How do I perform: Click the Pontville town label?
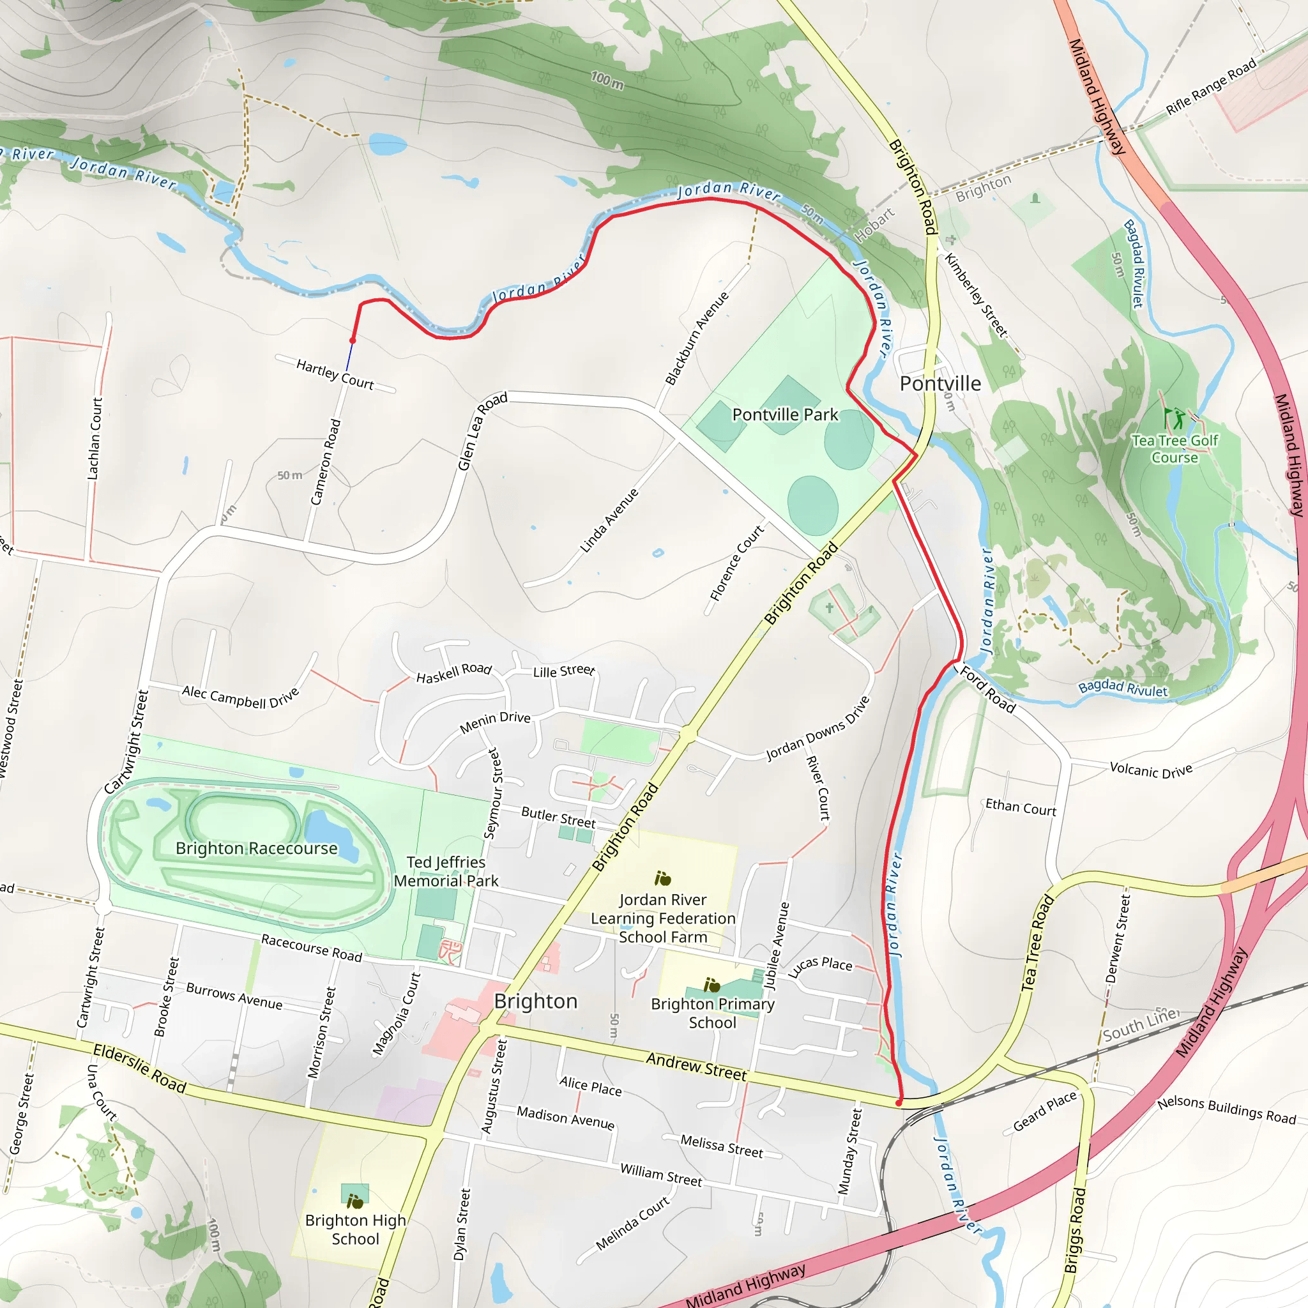[939, 384]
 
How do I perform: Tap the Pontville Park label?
[785, 414]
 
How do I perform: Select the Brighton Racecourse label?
[256, 848]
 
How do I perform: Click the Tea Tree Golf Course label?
[1175, 449]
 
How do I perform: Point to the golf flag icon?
[1173, 417]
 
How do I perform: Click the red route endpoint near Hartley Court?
[353, 340]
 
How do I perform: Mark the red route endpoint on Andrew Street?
[899, 1103]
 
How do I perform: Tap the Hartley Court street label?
[335, 374]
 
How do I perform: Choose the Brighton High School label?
[356, 1229]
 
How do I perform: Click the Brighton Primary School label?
[712, 1013]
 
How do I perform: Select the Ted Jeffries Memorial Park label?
[446, 871]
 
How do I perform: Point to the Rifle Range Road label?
[1210, 87]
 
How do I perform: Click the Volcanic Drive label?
[1151, 770]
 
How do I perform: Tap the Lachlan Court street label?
[95, 439]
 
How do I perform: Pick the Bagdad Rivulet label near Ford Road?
[1123, 688]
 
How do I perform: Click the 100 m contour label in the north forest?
[607, 81]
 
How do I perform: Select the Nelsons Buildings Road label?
[1226, 1110]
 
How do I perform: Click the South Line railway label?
[1141, 1024]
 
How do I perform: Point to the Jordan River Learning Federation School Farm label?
[662, 918]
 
